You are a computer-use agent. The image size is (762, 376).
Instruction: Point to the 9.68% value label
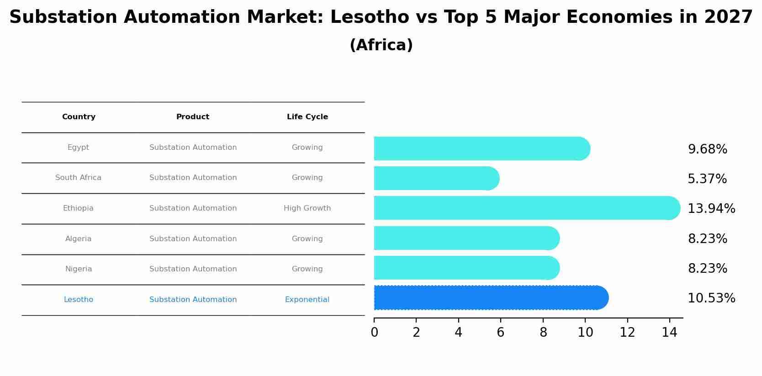[x=707, y=149]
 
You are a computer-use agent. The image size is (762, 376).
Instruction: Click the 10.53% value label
[x=711, y=298]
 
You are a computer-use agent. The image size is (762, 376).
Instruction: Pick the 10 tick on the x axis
[x=585, y=332]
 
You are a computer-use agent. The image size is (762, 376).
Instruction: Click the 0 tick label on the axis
[x=374, y=332]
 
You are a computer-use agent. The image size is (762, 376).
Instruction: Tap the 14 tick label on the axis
[x=669, y=332]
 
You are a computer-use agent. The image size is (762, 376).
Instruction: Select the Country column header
[x=79, y=117]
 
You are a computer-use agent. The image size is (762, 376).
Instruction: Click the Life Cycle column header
[x=307, y=117]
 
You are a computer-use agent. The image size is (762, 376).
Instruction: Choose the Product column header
[x=193, y=117]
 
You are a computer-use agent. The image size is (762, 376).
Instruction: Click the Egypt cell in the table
[x=78, y=148]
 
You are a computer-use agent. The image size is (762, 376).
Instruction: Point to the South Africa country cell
[x=78, y=178]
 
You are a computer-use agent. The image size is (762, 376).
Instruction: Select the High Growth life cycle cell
[x=307, y=208]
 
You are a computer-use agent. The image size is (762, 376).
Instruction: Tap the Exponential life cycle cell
[x=307, y=300]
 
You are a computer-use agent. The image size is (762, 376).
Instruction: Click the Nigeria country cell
[x=79, y=269]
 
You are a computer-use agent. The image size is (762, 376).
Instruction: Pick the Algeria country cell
[x=78, y=239]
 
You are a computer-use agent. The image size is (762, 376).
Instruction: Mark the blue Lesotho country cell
[x=79, y=300]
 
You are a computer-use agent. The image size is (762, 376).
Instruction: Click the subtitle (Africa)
[x=381, y=45]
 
